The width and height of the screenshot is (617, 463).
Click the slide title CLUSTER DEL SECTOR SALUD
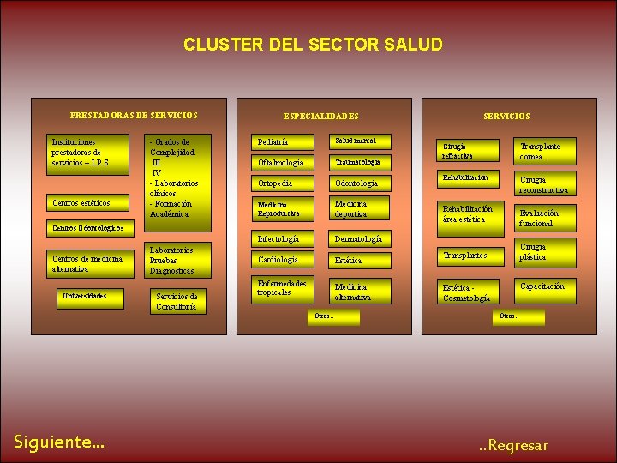(x=313, y=45)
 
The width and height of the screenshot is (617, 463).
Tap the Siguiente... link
(x=59, y=442)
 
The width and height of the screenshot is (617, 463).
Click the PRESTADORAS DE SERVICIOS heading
(x=133, y=115)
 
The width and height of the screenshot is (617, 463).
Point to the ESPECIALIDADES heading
(x=320, y=116)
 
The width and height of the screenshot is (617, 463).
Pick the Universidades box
(x=84, y=297)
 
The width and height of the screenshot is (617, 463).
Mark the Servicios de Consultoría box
(x=177, y=301)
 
